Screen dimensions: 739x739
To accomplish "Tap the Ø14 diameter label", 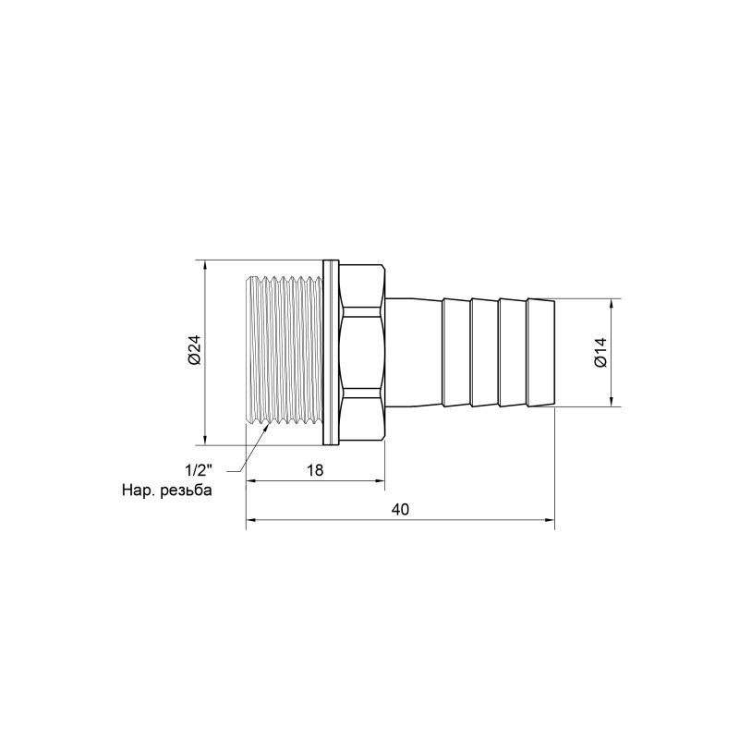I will point(600,352).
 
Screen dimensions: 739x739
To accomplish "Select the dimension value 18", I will point(314,469).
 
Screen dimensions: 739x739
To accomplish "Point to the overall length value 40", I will point(399,510).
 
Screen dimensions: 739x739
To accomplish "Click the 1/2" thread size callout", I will point(196,469).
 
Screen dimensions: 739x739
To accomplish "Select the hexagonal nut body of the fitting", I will point(362,352).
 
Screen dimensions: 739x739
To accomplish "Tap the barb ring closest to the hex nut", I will point(456,352).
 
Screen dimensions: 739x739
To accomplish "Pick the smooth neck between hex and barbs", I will point(412,352).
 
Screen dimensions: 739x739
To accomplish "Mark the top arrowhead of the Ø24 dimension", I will point(204,265).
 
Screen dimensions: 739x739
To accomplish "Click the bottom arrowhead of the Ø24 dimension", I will point(204,439).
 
